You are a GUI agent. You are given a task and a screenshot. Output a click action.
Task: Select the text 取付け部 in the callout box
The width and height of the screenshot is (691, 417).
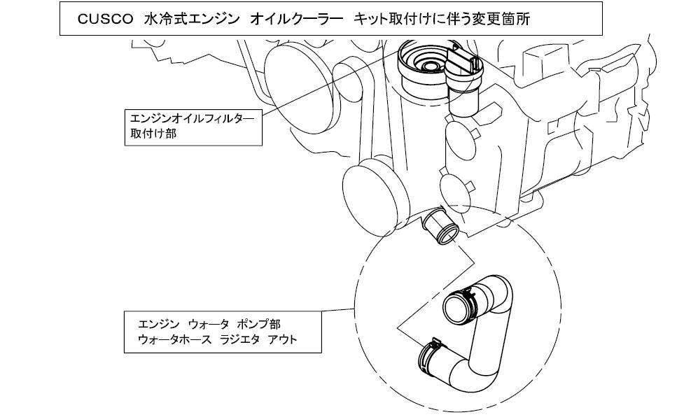tap(153, 133)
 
